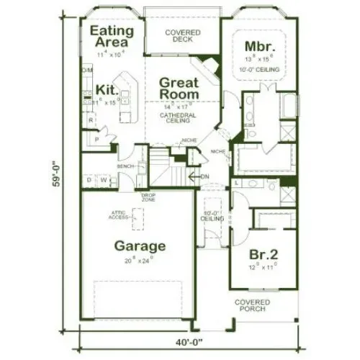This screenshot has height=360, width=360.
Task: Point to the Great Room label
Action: (x=178, y=88)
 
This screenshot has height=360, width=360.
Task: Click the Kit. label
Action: (x=107, y=91)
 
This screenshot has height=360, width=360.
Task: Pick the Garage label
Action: (x=140, y=246)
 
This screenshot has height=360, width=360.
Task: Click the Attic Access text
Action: (x=120, y=214)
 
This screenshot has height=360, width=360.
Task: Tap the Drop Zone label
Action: (x=149, y=197)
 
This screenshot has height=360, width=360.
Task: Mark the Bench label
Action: (x=127, y=166)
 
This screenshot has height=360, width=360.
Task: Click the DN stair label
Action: (x=204, y=176)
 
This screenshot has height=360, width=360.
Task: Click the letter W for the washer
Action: (x=104, y=179)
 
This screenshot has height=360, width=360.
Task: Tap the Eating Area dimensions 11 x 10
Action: (x=110, y=53)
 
